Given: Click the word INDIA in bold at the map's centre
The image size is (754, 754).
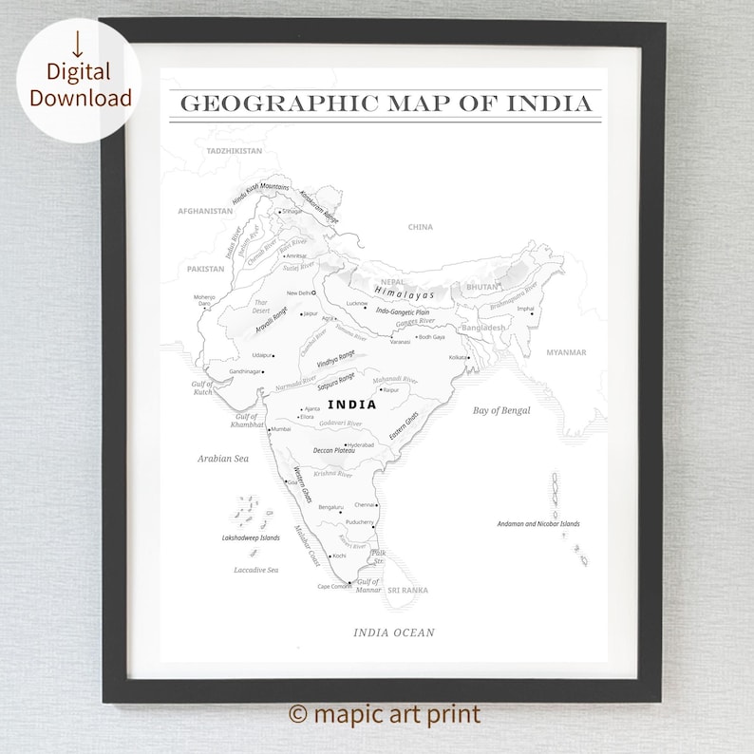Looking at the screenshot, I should pos(351,405).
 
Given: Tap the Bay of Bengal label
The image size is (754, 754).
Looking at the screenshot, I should pos(501,410).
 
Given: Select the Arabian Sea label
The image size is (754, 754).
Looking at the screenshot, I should pos(222,459).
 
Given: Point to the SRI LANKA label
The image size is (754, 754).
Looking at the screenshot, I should pos(407,591).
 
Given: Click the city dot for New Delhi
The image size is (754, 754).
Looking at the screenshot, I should pos(314,293).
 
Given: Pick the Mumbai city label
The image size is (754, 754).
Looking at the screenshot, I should pos(281,429).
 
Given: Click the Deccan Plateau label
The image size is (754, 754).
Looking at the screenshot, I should pos(334,450).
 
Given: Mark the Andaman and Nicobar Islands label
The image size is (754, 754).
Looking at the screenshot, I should pos(538,523).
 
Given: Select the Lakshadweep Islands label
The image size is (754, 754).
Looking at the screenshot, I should pos(251,537).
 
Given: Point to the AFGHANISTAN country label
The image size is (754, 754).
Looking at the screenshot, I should pos(205,211).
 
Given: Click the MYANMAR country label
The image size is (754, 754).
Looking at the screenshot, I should pos(566,352).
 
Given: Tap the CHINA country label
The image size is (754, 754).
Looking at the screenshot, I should pos(421,227).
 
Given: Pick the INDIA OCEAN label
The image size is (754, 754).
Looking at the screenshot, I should pos(394,632).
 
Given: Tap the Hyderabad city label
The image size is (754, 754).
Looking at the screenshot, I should pos(362,444).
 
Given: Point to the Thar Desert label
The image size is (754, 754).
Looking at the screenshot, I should pos(261,307).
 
